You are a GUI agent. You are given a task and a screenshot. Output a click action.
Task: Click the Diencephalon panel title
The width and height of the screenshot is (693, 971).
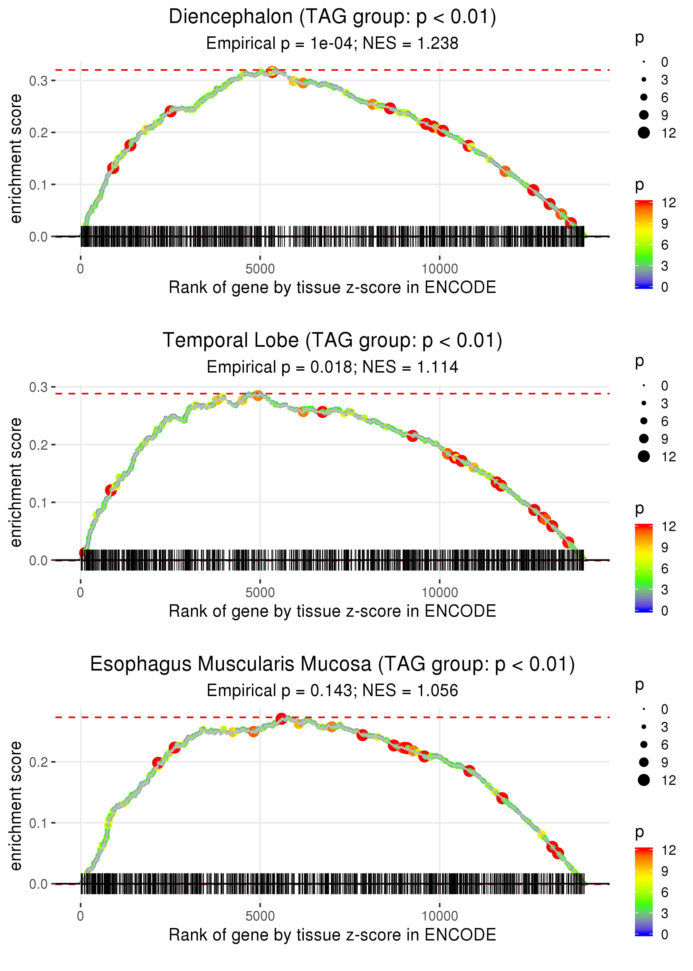(332, 17)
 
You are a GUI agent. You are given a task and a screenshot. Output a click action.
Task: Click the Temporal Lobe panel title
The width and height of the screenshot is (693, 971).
(332, 341)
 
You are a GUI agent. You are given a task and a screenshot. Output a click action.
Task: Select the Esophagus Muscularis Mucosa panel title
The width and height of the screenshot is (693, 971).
(332, 664)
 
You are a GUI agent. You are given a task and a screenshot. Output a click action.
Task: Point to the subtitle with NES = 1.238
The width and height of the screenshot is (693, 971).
(332, 44)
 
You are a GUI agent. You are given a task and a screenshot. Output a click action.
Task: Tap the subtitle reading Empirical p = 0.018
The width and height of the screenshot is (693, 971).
(332, 367)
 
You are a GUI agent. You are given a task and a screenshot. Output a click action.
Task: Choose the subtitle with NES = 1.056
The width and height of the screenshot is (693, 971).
(332, 691)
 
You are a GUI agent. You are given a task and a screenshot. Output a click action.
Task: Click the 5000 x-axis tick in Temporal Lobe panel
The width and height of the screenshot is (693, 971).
(260, 593)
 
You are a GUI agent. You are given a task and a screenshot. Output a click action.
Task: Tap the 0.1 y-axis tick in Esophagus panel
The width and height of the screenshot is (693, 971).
(39, 823)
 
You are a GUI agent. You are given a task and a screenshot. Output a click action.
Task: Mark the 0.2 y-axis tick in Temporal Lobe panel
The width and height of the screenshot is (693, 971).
(39, 445)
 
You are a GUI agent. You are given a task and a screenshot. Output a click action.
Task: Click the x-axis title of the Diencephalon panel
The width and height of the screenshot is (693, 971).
(332, 287)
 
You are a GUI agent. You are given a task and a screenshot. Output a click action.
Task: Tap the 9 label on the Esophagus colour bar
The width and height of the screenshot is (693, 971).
(664, 871)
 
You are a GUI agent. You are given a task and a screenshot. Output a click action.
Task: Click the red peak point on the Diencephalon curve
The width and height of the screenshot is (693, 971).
(272, 71)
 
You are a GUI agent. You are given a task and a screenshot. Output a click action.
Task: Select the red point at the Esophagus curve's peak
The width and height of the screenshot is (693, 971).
(281, 719)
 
